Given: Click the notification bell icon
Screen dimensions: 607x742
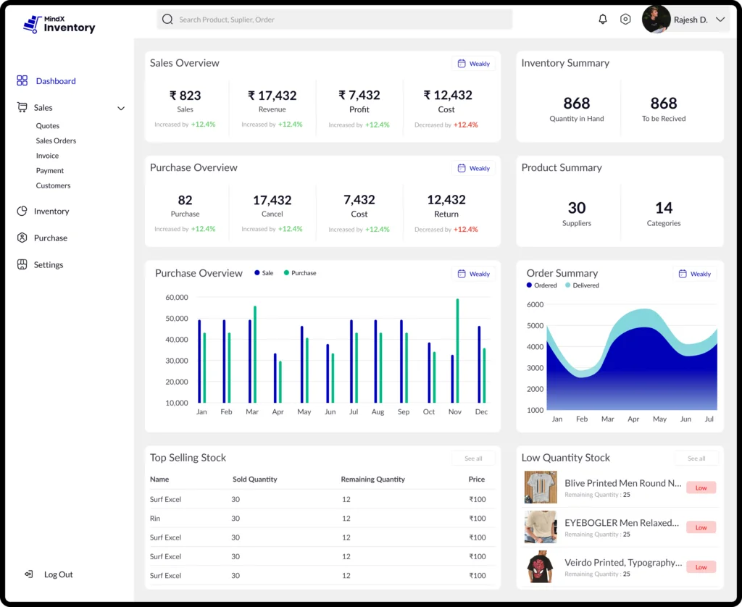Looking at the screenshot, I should (602, 20).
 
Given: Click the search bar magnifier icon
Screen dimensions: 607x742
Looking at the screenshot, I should (167, 20).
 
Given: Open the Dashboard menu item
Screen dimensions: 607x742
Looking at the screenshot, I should (55, 81).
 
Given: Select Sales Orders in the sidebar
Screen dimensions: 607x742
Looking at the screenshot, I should (56, 141).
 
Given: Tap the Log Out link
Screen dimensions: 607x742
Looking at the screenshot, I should (58, 574).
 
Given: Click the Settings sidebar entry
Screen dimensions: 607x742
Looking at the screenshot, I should (48, 265).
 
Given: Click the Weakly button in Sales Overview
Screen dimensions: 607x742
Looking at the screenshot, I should (474, 64).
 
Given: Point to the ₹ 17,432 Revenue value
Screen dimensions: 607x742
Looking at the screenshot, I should (272, 96).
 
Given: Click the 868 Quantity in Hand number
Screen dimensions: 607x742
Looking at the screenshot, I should (576, 104).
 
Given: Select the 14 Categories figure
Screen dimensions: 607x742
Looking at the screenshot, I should (663, 209).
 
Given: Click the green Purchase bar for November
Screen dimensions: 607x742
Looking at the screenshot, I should (457, 351).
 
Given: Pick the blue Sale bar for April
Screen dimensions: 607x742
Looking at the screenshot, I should (275, 378).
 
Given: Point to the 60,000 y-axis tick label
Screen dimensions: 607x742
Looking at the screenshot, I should (177, 298).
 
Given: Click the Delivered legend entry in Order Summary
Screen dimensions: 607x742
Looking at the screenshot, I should (585, 285).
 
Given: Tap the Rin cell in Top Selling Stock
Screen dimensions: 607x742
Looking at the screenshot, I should (155, 519).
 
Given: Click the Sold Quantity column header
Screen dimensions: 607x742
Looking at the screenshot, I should (254, 480).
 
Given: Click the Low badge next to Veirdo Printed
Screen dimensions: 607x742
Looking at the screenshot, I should (701, 567).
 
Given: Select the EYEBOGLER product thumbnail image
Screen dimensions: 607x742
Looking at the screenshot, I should (541, 527).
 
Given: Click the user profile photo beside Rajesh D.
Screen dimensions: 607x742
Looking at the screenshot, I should (655, 20).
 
